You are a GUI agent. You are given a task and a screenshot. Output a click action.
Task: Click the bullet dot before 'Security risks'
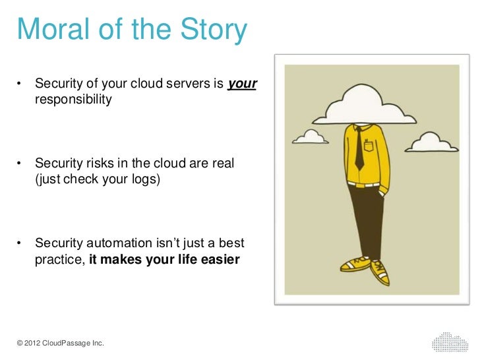[x=21, y=164]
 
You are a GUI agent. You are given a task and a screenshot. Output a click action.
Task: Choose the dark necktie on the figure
[x=359, y=148]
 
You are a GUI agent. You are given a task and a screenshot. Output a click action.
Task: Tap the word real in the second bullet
[x=222, y=163]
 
